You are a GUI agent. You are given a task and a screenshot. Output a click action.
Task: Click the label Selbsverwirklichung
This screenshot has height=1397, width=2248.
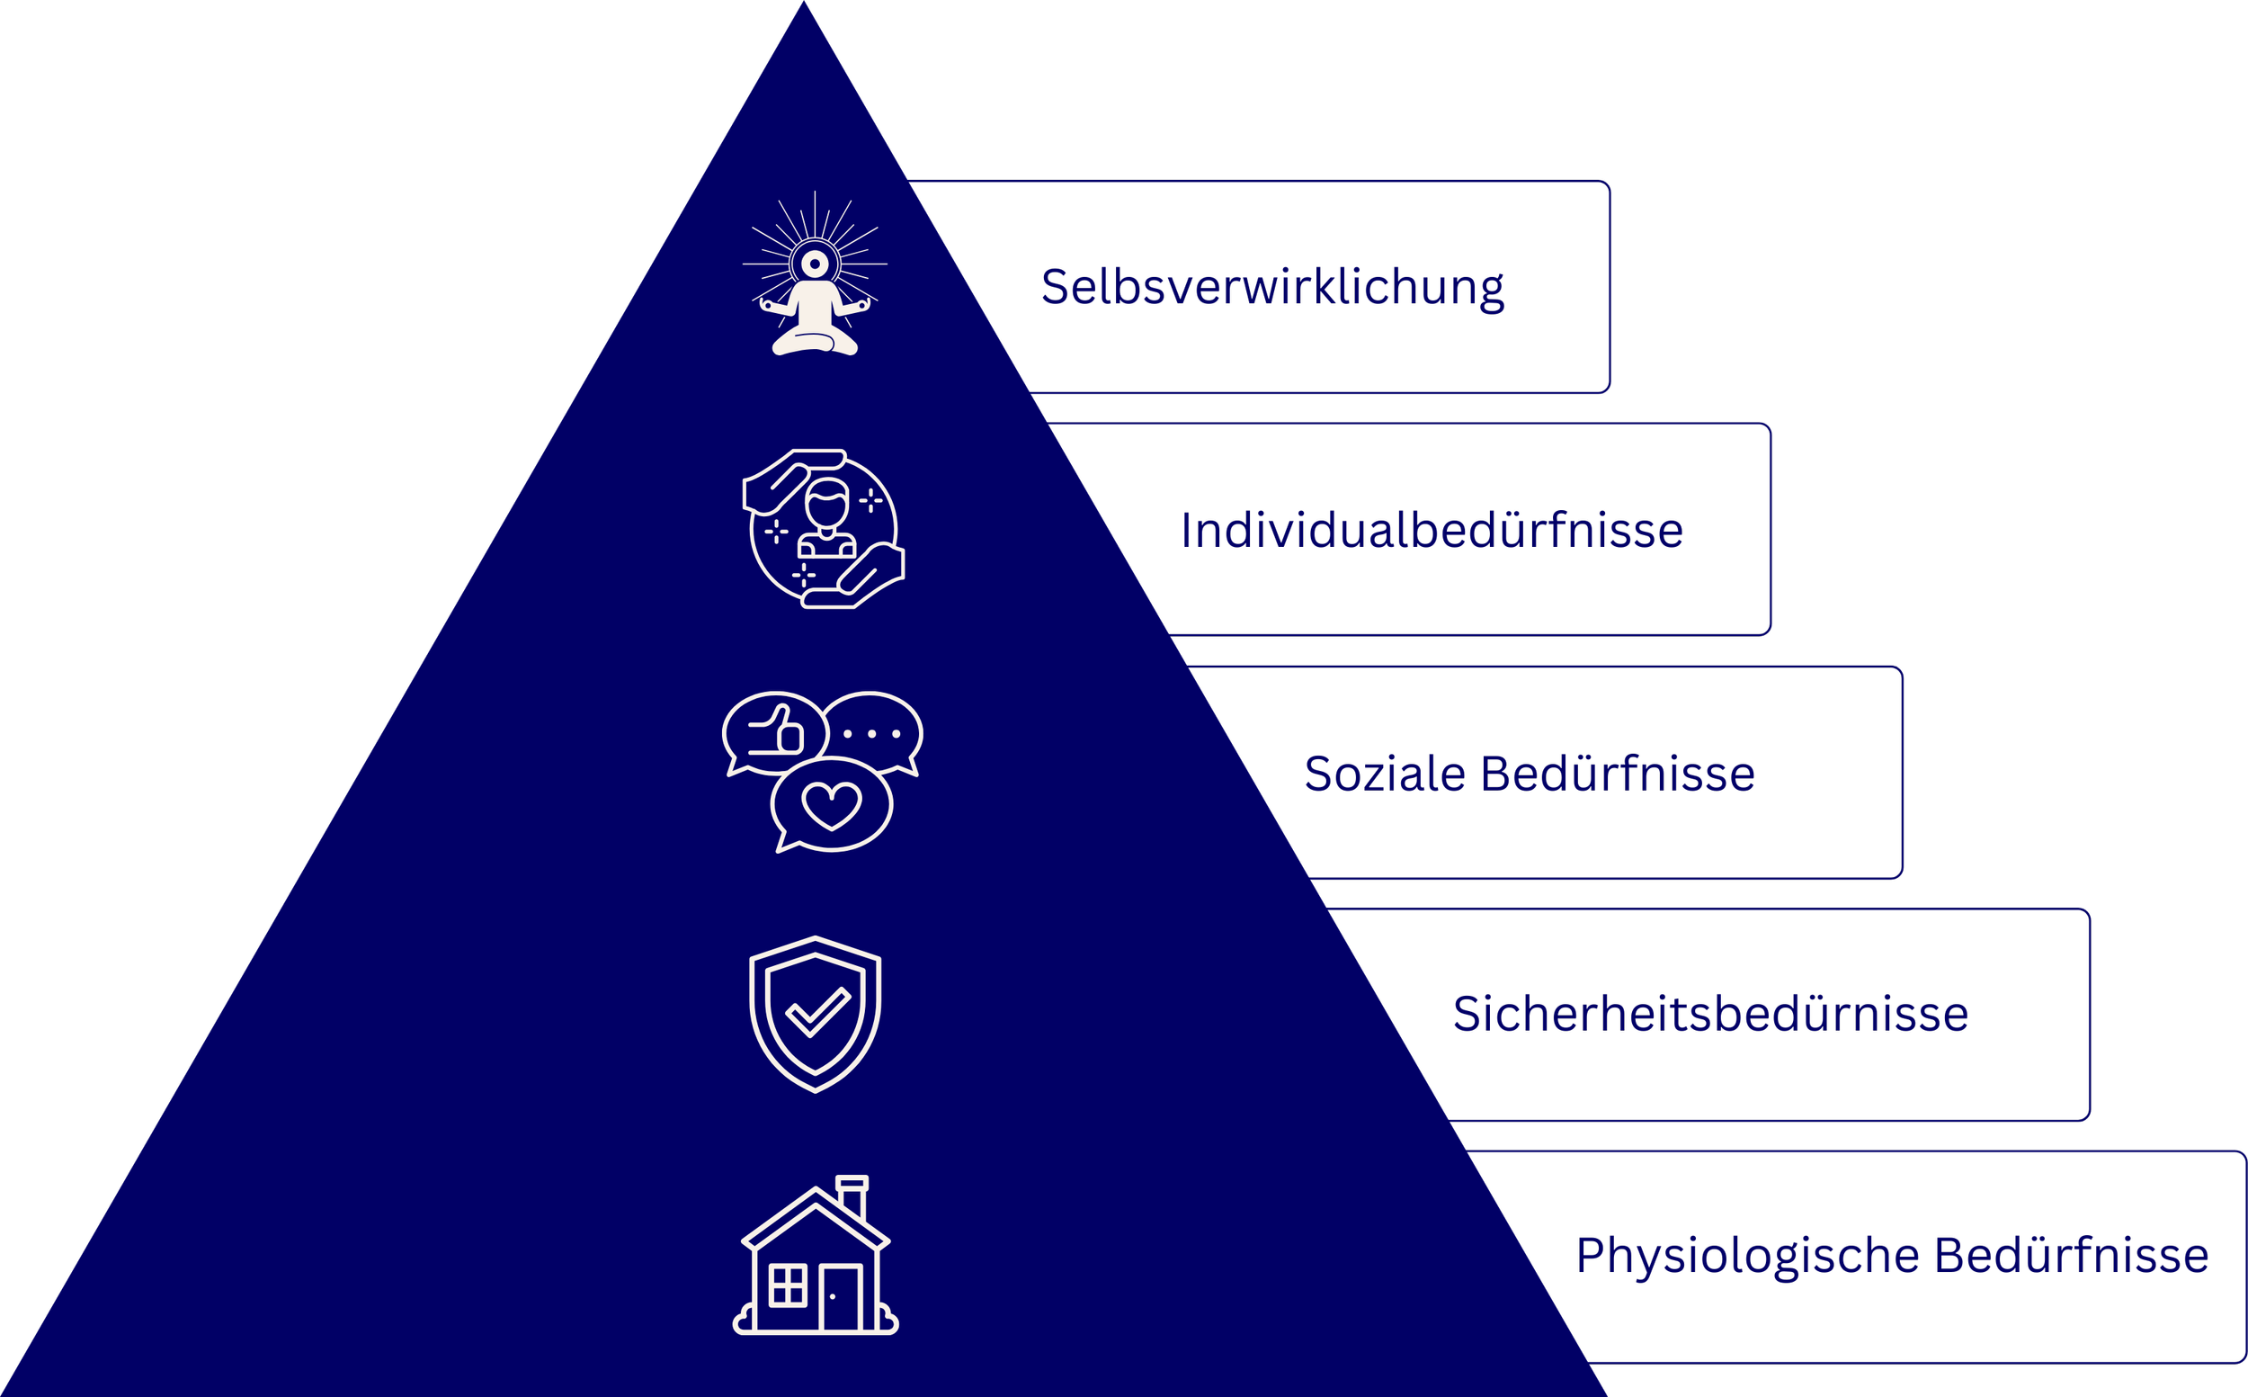[x=1271, y=287]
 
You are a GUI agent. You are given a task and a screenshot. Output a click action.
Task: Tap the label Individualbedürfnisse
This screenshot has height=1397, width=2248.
[x=1432, y=532]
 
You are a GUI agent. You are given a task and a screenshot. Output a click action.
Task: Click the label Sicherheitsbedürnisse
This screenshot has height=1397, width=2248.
[x=1710, y=1015]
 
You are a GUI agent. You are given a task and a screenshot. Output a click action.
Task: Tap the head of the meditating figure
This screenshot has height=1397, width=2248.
[x=815, y=264]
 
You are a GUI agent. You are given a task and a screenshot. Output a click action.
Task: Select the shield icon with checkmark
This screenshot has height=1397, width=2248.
[x=815, y=1014]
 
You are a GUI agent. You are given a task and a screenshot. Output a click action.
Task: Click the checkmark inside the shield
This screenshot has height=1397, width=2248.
[x=817, y=1013]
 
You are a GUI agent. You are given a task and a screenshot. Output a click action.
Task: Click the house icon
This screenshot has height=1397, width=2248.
[x=815, y=1257]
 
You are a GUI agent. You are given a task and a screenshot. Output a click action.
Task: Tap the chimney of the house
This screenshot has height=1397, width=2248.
[x=852, y=1196]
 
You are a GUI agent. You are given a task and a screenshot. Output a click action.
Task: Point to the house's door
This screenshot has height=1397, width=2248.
[x=840, y=1297]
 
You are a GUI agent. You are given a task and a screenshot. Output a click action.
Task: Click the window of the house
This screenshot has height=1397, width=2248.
[x=788, y=1285]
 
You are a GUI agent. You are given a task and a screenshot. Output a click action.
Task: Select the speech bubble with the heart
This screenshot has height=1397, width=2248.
[x=831, y=804]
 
